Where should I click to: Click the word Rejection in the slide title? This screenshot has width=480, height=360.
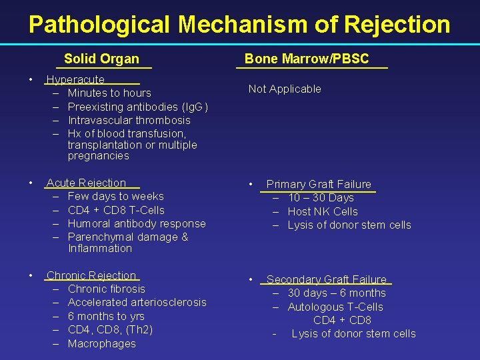point(397,25)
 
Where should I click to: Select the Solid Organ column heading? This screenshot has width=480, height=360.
point(101,59)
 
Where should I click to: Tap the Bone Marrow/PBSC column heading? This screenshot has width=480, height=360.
point(306,59)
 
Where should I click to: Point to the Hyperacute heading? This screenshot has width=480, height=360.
point(75,79)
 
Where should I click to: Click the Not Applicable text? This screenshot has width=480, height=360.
point(285,89)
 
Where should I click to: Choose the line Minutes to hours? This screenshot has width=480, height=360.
point(109,93)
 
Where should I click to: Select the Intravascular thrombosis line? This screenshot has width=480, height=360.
point(129,120)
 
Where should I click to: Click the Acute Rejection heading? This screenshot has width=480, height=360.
point(86,183)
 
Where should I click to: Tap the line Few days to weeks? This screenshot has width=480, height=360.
point(115,196)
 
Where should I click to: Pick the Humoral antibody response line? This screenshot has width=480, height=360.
point(137,223)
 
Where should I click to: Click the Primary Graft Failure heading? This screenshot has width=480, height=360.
point(319,184)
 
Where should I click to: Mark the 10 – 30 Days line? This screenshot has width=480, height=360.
point(321,197)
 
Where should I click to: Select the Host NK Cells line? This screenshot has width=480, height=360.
point(323,211)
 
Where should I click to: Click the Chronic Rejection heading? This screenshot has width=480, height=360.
point(91,275)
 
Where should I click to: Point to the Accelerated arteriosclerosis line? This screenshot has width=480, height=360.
point(137,302)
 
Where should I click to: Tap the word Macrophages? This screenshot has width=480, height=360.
point(101,343)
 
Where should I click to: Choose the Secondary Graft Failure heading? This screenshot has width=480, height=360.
point(326,279)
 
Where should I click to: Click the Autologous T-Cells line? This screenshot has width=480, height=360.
point(335,307)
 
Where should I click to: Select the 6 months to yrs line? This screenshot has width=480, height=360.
point(106,316)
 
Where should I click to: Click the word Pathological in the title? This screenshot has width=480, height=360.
point(99,25)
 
